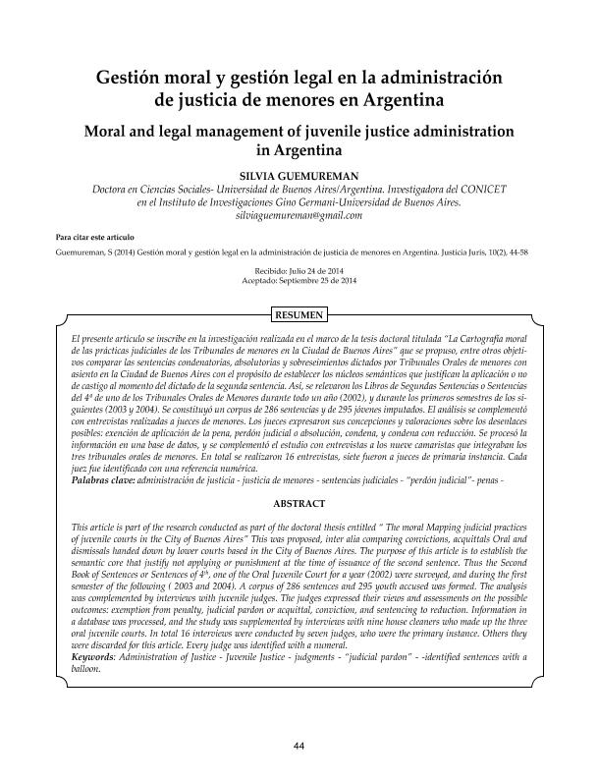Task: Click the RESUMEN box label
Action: [x=299, y=315]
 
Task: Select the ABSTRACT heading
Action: [x=299, y=503]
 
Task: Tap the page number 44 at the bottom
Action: [x=299, y=748]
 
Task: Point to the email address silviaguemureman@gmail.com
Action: [x=299, y=215]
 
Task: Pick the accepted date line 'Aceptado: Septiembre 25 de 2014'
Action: [x=299, y=281]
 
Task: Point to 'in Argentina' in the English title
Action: [x=299, y=151]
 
